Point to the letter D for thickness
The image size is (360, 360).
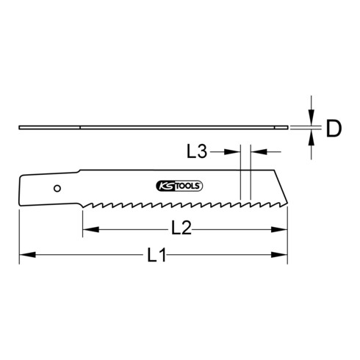[334, 129]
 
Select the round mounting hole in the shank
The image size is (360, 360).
[57, 187]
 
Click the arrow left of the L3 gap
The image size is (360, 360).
[234, 151]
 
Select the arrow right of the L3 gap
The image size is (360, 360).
[257, 151]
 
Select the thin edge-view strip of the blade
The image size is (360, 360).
[147, 128]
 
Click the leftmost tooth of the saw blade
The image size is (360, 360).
[85, 203]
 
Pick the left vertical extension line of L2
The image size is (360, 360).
[82, 220]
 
